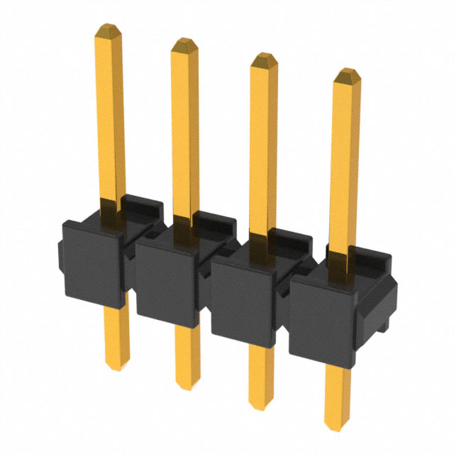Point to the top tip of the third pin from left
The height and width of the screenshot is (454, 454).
click(x=263, y=56)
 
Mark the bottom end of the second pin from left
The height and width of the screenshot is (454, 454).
click(x=187, y=387)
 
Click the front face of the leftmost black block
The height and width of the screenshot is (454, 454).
click(x=92, y=263)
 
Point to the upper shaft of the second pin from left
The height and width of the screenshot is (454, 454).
click(x=185, y=128)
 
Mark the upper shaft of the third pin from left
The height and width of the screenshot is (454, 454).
click(x=263, y=142)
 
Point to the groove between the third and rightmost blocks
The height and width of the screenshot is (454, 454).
click(x=287, y=312)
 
